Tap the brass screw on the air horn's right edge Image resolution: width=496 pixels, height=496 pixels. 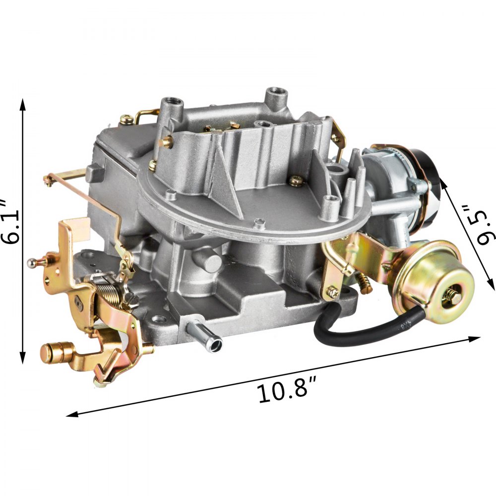coord(297,181)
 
